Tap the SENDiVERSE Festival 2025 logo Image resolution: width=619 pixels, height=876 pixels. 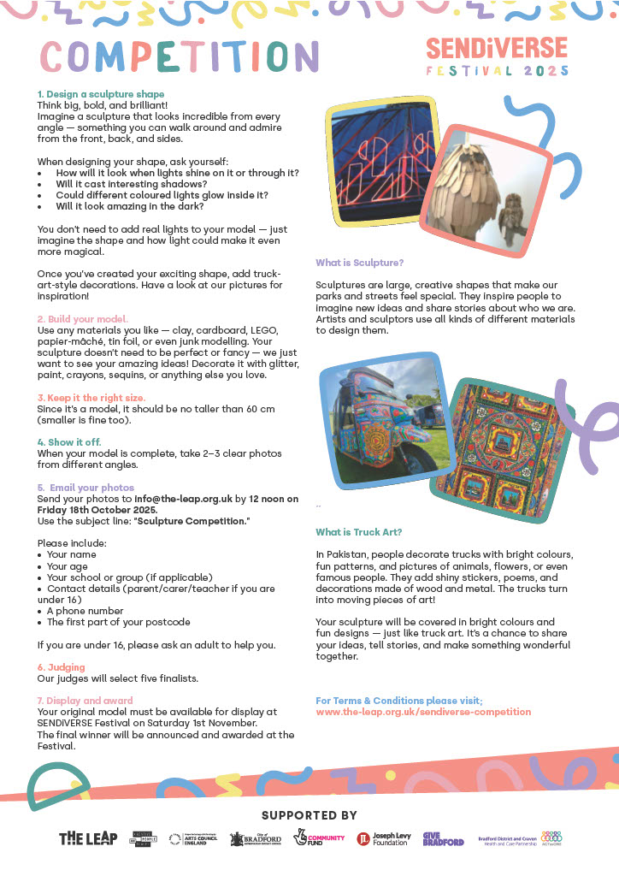(497, 56)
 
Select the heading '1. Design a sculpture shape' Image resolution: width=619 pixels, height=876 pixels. (101, 94)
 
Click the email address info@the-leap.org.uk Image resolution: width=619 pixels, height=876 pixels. (183, 498)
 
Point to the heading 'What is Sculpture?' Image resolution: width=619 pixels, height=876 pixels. (359, 263)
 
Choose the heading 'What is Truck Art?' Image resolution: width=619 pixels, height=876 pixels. (358, 532)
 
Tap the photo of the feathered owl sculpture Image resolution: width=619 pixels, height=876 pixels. (481, 189)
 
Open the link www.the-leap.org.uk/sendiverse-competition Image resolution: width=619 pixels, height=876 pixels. (423, 712)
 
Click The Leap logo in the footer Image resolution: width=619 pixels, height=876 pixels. (88, 838)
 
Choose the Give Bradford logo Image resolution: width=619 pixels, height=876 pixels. (443, 838)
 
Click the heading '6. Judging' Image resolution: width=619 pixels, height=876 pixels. (61, 667)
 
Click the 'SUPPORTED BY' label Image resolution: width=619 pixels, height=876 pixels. (309, 815)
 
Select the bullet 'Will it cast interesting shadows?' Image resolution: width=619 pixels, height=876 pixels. (132, 184)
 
